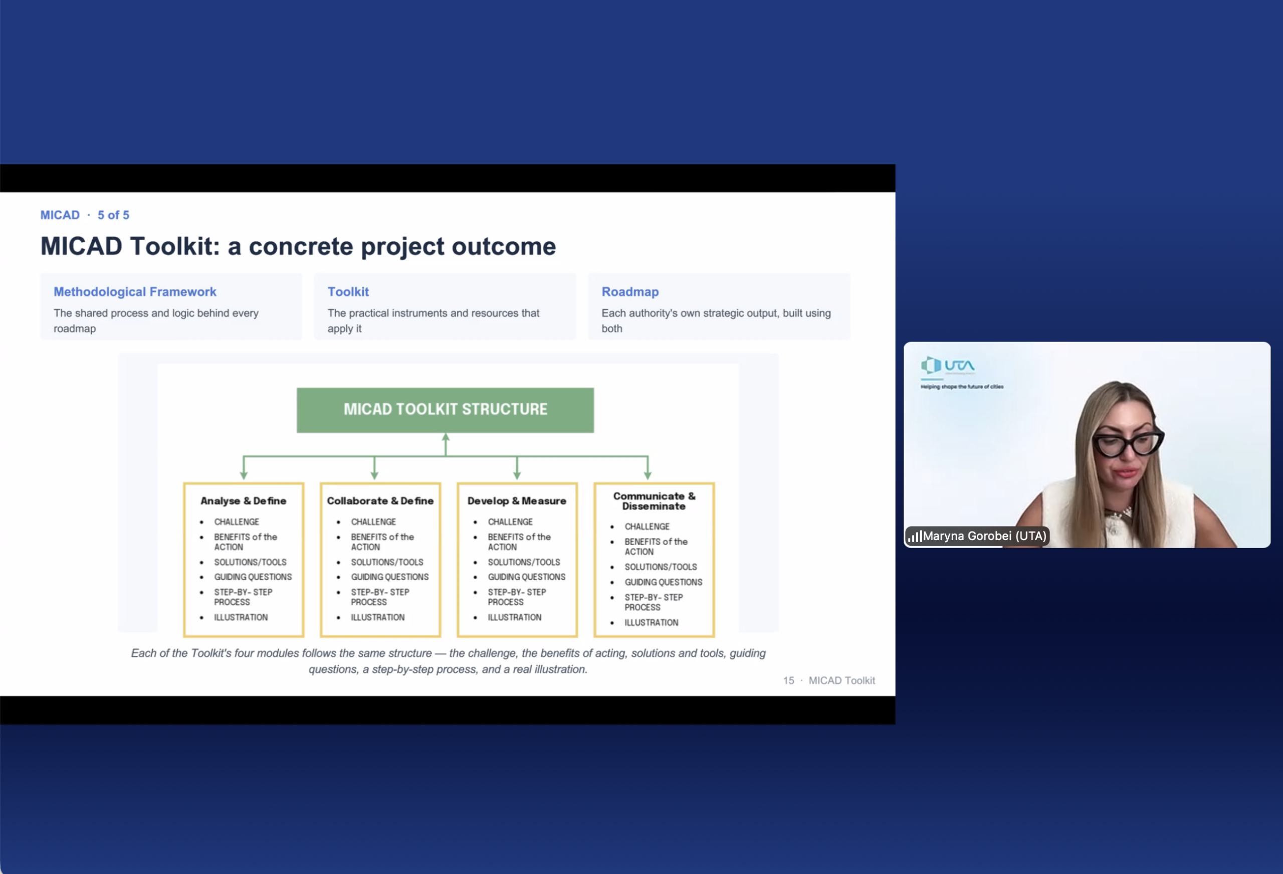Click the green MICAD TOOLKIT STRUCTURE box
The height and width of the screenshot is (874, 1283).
(x=445, y=410)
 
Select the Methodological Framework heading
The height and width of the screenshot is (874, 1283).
(x=135, y=292)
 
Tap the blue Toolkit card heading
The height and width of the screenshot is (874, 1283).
(x=348, y=292)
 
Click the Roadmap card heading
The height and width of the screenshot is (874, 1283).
(x=630, y=292)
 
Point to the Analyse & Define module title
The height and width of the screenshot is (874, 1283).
(x=243, y=500)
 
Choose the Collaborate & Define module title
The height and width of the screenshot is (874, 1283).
(x=380, y=500)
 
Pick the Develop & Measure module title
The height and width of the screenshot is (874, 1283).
(x=517, y=500)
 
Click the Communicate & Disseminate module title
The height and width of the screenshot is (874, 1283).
(x=654, y=501)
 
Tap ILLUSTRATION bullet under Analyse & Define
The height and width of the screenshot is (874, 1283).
(x=241, y=617)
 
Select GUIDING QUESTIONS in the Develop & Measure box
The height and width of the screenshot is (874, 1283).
(x=526, y=577)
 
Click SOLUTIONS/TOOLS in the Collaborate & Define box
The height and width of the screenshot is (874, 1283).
(x=387, y=562)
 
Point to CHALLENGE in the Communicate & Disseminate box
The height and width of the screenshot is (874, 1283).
(x=647, y=527)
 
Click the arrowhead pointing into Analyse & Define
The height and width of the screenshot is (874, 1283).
(x=244, y=475)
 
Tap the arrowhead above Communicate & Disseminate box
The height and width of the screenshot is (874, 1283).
(x=648, y=475)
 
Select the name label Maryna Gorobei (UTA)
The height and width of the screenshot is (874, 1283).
(x=984, y=536)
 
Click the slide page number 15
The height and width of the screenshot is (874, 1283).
(x=788, y=680)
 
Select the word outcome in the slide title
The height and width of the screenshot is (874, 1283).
(x=504, y=246)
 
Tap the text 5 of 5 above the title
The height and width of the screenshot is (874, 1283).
(x=113, y=215)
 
